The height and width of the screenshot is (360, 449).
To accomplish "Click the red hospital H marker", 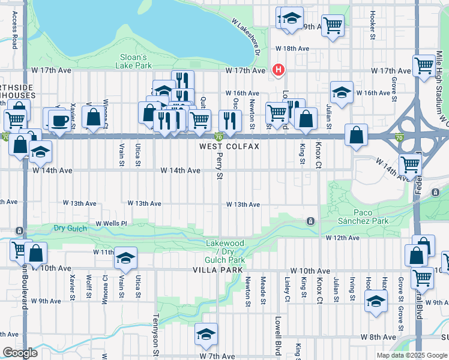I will pos(278,70).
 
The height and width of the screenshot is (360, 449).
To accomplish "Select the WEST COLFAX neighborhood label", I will pos(230,146).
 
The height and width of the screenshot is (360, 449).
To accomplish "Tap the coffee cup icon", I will pos(59,120).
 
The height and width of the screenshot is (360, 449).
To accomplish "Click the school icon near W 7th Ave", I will pos(206,334).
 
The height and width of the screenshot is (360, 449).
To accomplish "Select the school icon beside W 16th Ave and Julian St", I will pos(341,92).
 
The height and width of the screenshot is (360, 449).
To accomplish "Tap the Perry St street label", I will pos(220,168).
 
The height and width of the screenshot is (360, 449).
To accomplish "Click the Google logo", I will pos(20,353).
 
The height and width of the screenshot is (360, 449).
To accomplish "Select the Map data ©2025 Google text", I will pos(411,355).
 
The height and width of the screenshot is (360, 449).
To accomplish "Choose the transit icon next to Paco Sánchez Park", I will pos(310,221).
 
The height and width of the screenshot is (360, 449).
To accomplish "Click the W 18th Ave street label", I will pos(292,48).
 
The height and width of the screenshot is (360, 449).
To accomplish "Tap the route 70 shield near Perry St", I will pos(220,137).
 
